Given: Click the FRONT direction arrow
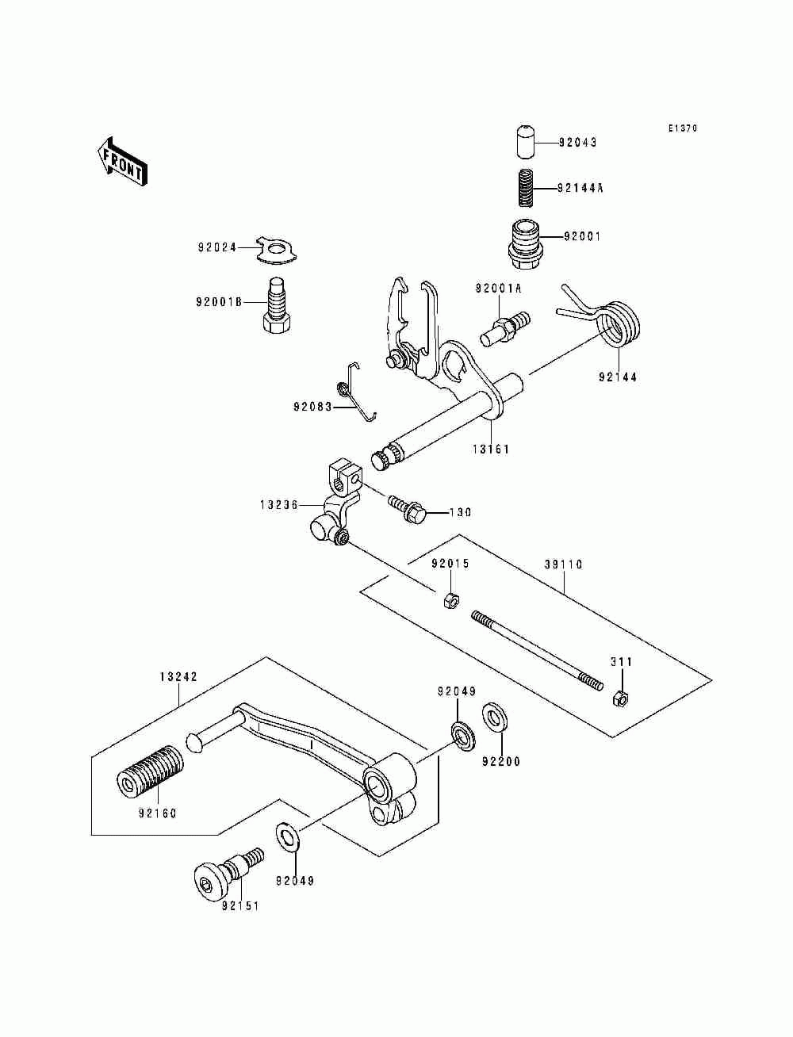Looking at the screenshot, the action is [x=122, y=162].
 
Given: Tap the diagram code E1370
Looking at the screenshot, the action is [x=683, y=128].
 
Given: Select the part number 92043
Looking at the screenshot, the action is [x=577, y=142].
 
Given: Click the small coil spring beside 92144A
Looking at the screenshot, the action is [x=523, y=188].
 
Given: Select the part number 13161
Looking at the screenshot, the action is [x=491, y=449].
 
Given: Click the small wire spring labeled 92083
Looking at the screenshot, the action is [x=358, y=391].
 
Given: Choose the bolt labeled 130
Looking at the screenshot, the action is [x=408, y=508].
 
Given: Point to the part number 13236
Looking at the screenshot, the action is [x=279, y=505].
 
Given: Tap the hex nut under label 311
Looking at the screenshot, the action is [x=620, y=698].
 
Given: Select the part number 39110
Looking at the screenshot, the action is [x=564, y=564].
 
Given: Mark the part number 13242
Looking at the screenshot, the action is [x=178, y=677].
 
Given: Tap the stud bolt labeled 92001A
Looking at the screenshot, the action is [x=505, y=329].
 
